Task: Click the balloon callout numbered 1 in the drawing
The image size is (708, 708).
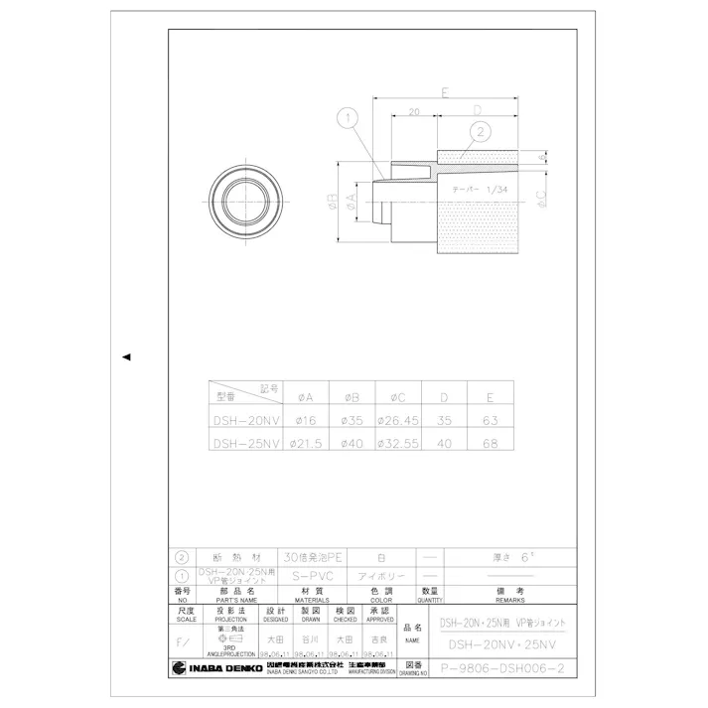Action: [x=347, y=118]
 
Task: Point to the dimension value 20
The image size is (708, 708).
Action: [x=413, y=114]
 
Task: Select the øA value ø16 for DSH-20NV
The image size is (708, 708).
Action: [x=306, y=420]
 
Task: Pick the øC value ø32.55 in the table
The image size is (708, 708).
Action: [x=397, y=445]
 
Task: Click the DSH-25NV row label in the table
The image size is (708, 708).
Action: [x=246, y=445]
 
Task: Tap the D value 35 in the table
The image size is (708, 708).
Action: [x=444, y=420]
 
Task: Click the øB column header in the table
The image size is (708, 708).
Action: [x=352, y=395]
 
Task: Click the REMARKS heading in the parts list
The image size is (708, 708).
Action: [x=509, y=600]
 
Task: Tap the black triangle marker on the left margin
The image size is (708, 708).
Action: [x=126, y=356]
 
